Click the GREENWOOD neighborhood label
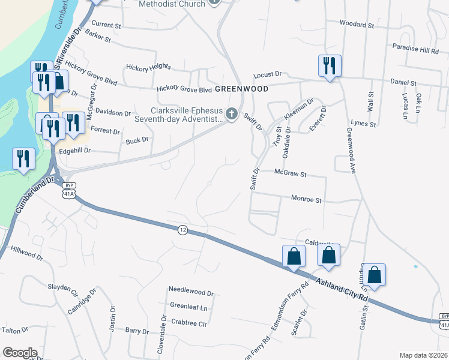pos(241,88)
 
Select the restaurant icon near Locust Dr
pos(330,65)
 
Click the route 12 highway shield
pos(182,229)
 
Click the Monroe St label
pos(307,199)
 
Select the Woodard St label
pos(357,25)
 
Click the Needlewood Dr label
pos(191,293)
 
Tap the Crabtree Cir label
pos(188,323)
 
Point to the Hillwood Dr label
pos(28,256)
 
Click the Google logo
pos(20,353)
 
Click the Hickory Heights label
pos(148,67)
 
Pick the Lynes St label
pos(364,125)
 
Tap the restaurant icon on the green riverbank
pos(23,159)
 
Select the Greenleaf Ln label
pos(188,307)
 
